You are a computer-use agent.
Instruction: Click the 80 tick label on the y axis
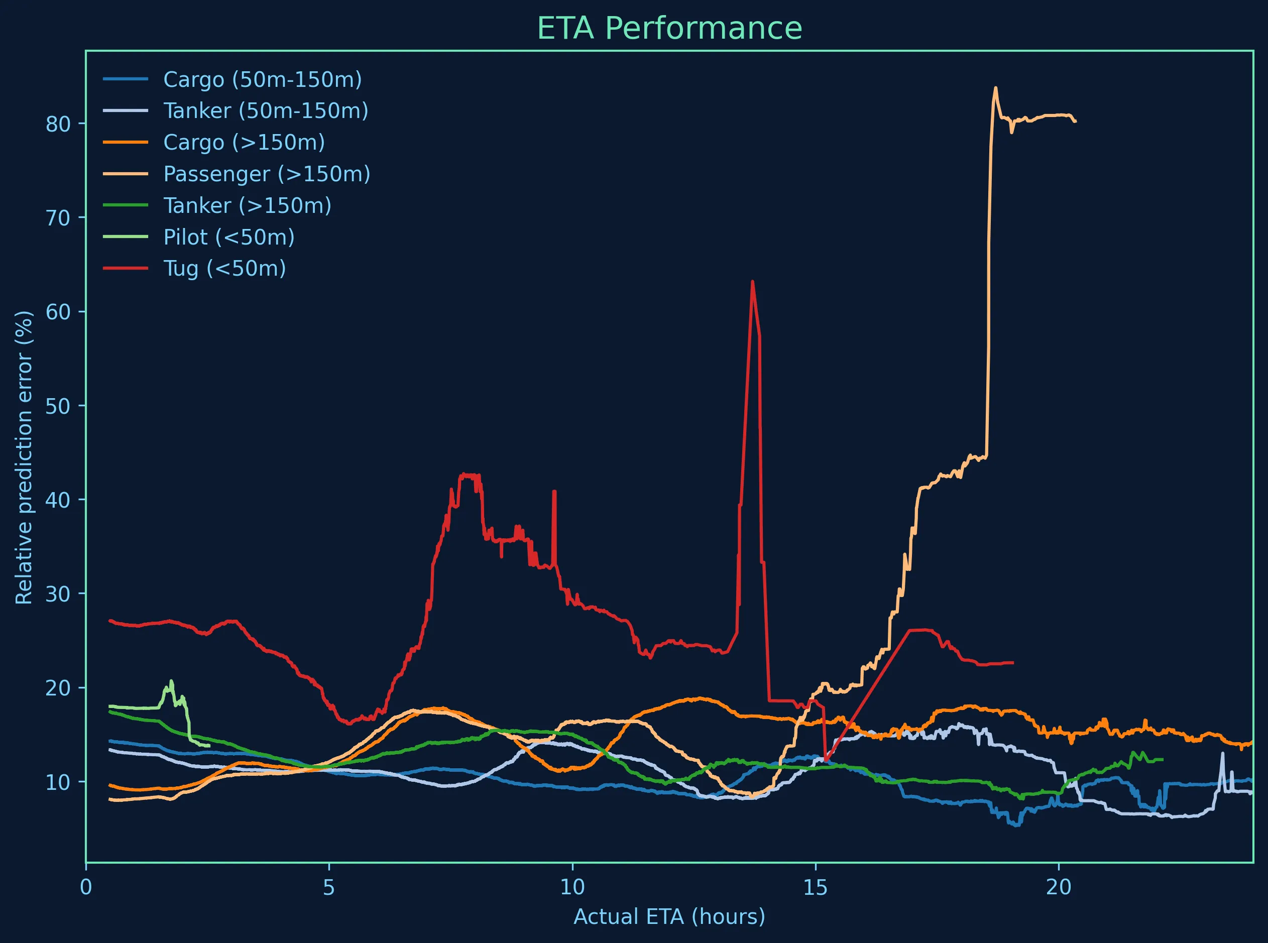click(x=57, y=124)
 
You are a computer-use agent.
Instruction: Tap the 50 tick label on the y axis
click(x=57, y=406)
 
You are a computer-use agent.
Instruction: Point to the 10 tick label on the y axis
click(x=57, y=782)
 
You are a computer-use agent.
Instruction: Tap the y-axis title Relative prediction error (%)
click(x=24, y=456)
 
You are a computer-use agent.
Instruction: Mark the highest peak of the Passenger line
click(x=995, y=88)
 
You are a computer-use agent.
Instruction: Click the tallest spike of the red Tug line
click(x=752, y=281)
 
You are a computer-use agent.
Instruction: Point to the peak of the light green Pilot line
click(x=171, y=681)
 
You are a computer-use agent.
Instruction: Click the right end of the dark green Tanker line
click(x=1163, y=759)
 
